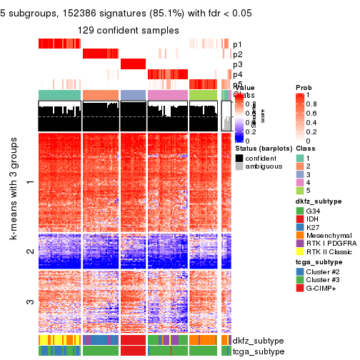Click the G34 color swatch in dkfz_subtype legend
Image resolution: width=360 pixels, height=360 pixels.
301,211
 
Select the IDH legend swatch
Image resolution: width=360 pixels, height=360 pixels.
301,221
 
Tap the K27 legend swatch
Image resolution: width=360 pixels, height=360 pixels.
301,231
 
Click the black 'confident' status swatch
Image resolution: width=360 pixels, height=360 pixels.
239,156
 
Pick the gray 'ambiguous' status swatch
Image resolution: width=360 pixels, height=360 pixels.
239,166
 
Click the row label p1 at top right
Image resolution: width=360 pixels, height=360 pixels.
237,44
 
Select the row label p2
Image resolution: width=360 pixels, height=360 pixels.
237,54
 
